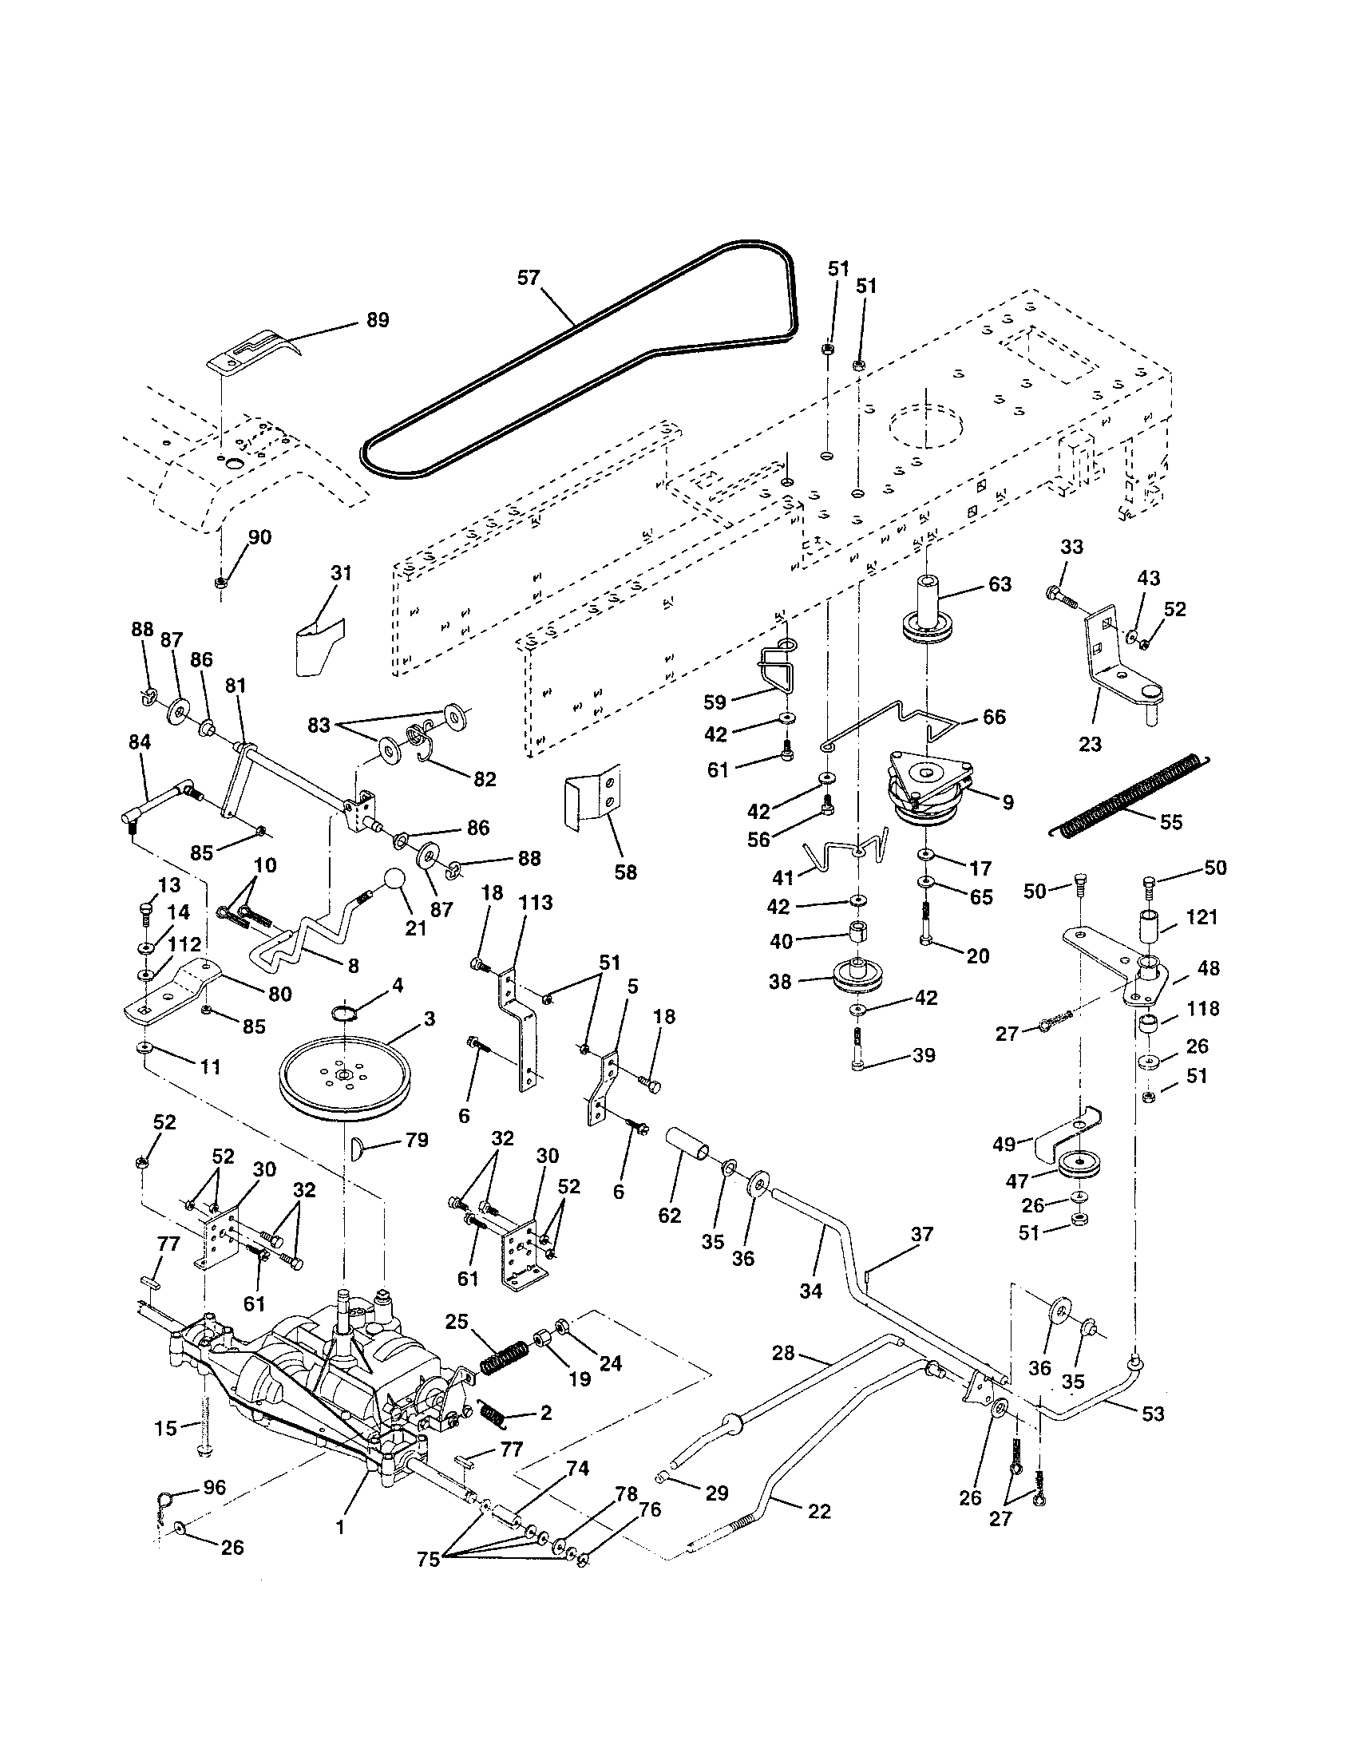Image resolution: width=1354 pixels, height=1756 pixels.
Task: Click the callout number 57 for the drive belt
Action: (x=529, y=279)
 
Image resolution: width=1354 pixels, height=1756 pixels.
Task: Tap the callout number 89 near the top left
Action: (x=377, y=320)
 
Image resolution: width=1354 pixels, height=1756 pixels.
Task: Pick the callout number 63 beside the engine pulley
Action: (x=1000, y=583)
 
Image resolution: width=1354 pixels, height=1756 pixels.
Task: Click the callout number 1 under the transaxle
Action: (x=340, y=1527)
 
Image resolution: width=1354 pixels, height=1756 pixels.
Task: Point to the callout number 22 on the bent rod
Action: (x=818, y=1511)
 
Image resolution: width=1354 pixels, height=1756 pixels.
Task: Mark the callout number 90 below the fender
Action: (x=259, y=537)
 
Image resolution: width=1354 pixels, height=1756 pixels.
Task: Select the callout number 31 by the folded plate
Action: (x=341, y=573)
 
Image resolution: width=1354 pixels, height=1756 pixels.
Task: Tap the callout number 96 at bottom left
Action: (x=214, y=1487)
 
